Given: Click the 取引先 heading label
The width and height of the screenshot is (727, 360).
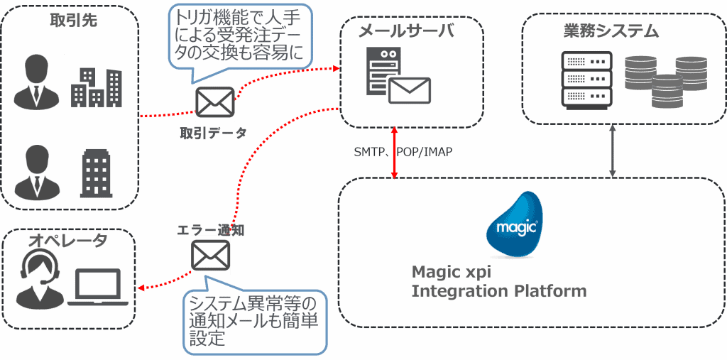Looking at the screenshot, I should click(73, 21).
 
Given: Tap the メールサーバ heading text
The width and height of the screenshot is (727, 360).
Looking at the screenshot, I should click(405, 31).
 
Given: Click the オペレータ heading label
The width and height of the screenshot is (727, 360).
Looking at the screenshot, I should click(67, 241).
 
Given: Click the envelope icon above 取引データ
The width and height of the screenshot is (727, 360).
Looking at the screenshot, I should click(215, 104).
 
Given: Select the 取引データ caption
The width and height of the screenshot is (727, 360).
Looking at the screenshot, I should click(212, 132).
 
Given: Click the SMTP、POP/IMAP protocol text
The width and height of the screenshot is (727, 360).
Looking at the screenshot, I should click(403, 152).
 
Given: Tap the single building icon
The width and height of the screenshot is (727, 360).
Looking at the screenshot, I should click(96, 173).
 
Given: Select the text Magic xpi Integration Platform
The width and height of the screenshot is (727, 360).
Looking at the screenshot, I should click(499, 281).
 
